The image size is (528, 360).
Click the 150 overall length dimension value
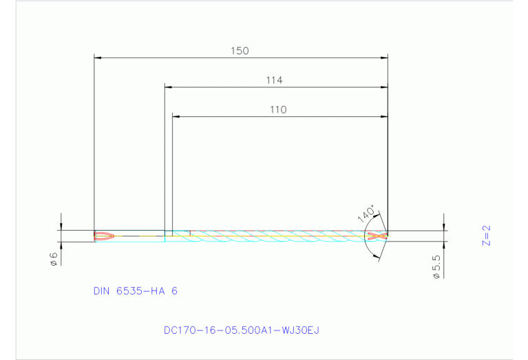click(x=240, y=51)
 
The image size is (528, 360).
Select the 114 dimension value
click(x=275, y=81)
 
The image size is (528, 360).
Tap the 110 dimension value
click(x=278, y=109)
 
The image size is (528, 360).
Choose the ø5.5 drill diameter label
click(x=436, y=266)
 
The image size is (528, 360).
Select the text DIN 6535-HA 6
click(x=135, y=291)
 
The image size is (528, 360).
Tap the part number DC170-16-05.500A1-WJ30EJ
click(x=241, y=330)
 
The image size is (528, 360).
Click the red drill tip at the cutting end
click(x=377, y=235)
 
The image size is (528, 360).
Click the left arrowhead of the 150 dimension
click(x=97, y=57)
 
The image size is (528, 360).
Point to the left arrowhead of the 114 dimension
click(x=168, y=87)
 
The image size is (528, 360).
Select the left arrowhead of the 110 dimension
click(x=176, y=116)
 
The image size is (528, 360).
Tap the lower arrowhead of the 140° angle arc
click(x=375, y=257)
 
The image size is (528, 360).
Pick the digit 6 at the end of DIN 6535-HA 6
click(x=174, y=291)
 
